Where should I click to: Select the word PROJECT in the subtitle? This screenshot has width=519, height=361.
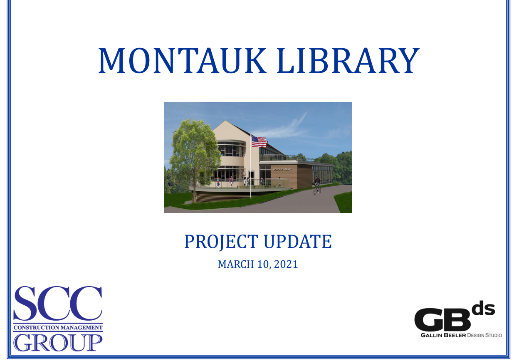coord(221,242)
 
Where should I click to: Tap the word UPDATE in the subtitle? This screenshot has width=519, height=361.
coord(298,242)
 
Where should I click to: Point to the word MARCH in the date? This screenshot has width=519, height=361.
coord(236,265)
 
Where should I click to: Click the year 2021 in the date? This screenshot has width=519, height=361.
coord(286,265)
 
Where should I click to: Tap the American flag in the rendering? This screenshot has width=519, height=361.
coord(259,141)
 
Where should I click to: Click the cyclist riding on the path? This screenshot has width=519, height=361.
coord(317,185)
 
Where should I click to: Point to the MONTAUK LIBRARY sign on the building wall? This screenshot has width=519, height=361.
coord(282,170)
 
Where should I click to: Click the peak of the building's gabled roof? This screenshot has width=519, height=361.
coord(225,121)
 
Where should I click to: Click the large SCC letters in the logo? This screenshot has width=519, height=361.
coord(58,303)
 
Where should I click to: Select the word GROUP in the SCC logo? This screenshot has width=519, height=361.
coord(58,343)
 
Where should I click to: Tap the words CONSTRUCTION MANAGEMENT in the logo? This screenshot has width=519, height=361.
coord(58,328)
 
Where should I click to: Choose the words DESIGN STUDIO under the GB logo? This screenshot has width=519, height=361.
coord(484,335)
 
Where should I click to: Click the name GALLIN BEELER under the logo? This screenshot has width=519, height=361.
coord(443,335)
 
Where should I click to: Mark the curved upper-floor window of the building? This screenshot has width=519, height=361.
coord(231,148)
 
